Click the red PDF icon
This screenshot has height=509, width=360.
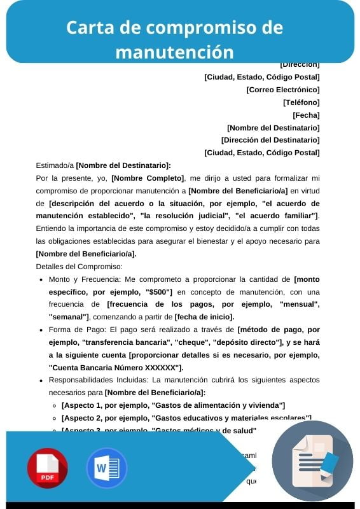tap(47, 468)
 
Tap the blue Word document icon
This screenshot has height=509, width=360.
tap(106, 468)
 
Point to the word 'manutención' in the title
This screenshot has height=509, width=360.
tap(174, 51)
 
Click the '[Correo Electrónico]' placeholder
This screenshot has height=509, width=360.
tap(282, 90)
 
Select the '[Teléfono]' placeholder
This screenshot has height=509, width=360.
tap(301, 102)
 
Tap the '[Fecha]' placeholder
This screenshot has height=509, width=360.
tap(306, 115)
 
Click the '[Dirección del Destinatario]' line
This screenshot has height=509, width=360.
tap(270, 139)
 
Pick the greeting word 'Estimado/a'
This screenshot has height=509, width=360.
tap(55, 165)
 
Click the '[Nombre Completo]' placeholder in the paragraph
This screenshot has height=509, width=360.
tap(148, 178)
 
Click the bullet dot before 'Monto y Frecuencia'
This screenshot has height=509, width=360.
tap(41, 279)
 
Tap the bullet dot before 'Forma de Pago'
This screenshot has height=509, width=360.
tap(41, 330)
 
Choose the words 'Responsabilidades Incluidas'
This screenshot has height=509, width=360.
tap(92, 380)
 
